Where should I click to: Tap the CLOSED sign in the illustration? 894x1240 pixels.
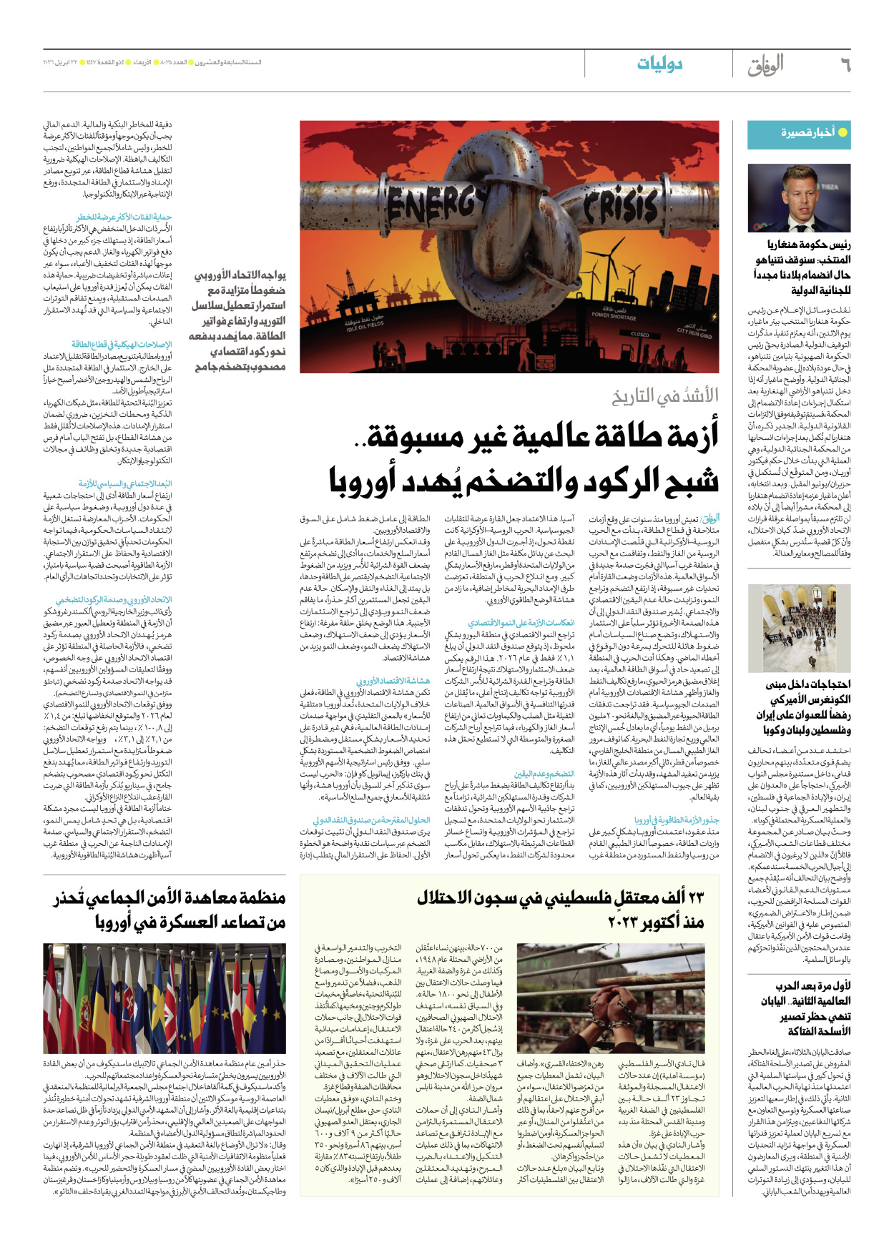[639, 334]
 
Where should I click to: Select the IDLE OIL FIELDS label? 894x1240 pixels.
[365, 323]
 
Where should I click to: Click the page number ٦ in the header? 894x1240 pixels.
[845, 65]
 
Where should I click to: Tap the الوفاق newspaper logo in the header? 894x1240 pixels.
[765, 65]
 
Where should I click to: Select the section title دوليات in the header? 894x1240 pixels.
[659, 64]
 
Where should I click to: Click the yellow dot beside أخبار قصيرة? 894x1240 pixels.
[843, 132]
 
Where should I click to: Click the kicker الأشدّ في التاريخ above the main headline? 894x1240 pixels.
[665, 395]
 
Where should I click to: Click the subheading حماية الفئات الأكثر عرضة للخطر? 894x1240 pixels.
[124, 217]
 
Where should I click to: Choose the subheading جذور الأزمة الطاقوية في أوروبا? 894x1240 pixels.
[677, 820]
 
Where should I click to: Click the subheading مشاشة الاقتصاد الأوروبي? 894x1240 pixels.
[393, 681]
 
